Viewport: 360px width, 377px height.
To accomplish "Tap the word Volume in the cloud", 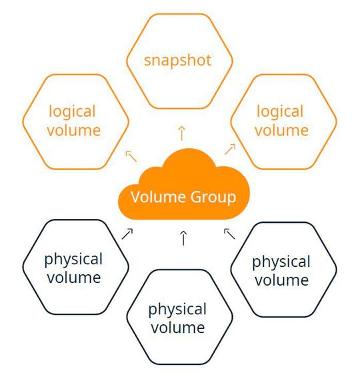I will tap(156, 197).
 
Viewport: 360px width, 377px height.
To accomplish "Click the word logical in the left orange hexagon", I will tap(73, 111).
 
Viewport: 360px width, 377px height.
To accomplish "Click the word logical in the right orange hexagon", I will tap(280, 111).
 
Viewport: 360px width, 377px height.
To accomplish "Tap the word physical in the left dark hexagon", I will tap(73, 258).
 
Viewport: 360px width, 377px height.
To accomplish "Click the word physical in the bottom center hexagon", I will tap(177, 310).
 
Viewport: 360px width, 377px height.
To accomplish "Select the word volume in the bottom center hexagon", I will tap(177, 327).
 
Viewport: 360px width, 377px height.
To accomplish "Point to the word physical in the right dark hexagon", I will tap(281, 261).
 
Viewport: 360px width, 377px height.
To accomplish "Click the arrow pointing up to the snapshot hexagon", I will tap(181, 131).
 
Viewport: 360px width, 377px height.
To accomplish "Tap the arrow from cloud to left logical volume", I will tap(131, 156).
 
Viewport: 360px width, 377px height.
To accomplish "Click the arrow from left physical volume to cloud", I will tap(127, 233).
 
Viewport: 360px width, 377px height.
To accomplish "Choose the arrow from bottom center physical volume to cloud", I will tap(183, 237).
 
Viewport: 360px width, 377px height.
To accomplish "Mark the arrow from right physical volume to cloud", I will tap(230, 233).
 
